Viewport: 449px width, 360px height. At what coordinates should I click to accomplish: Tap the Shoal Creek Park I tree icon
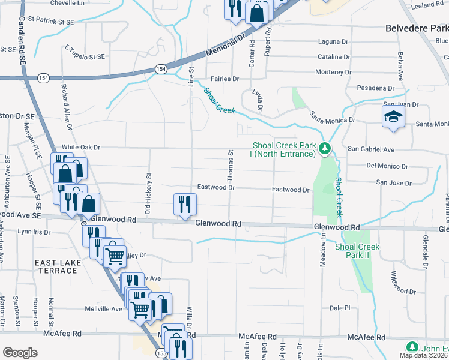click(325, 148)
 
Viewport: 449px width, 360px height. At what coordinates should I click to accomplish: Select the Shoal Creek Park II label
click(357, 251)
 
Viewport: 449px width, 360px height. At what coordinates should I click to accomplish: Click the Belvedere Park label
click(417, 27)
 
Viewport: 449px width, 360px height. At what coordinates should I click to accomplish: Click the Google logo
click(20, 353)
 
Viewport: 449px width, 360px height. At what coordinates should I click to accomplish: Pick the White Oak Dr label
click(81, 147)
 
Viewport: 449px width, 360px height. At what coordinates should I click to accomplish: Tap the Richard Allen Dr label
click(65, 107)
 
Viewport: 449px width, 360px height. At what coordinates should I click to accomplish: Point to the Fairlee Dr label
click(224, 79)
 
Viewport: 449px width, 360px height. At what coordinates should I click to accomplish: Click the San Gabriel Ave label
click(371, 149)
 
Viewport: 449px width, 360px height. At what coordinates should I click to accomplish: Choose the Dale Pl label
click(340, 308)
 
